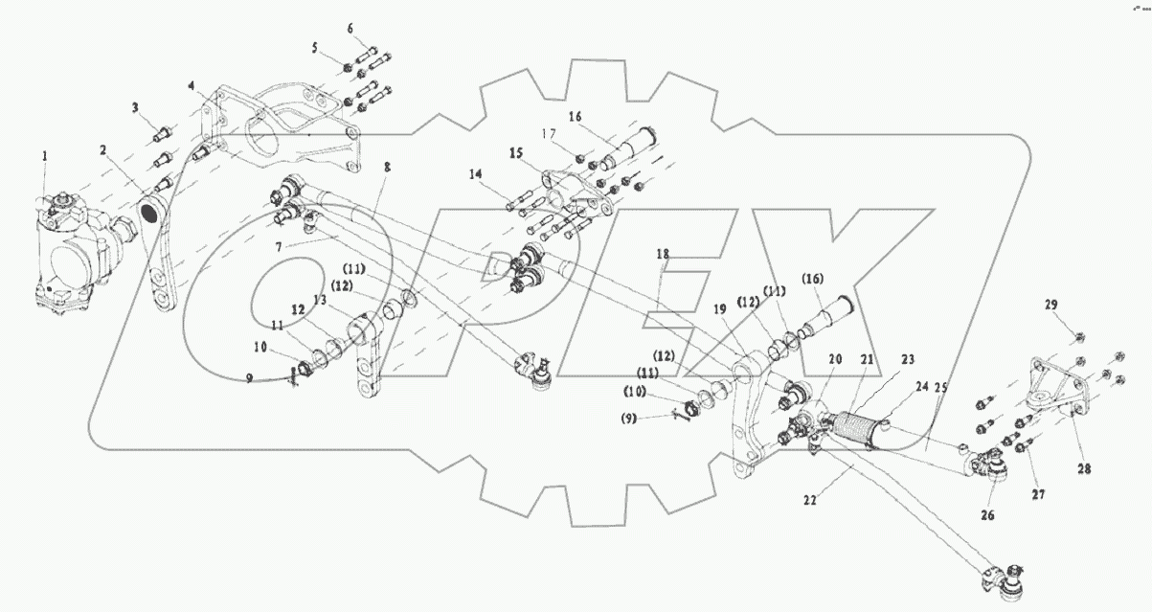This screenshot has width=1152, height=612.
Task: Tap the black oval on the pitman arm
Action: tap(152, 212)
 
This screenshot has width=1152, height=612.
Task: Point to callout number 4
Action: tap(192, 86)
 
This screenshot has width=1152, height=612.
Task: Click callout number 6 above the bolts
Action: tap(350, 29)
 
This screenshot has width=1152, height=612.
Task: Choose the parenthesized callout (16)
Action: tap(813, 279)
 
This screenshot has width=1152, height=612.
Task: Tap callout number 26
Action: tap(987, 514)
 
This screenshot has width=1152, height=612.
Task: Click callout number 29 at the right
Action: tap(1050, 305)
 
